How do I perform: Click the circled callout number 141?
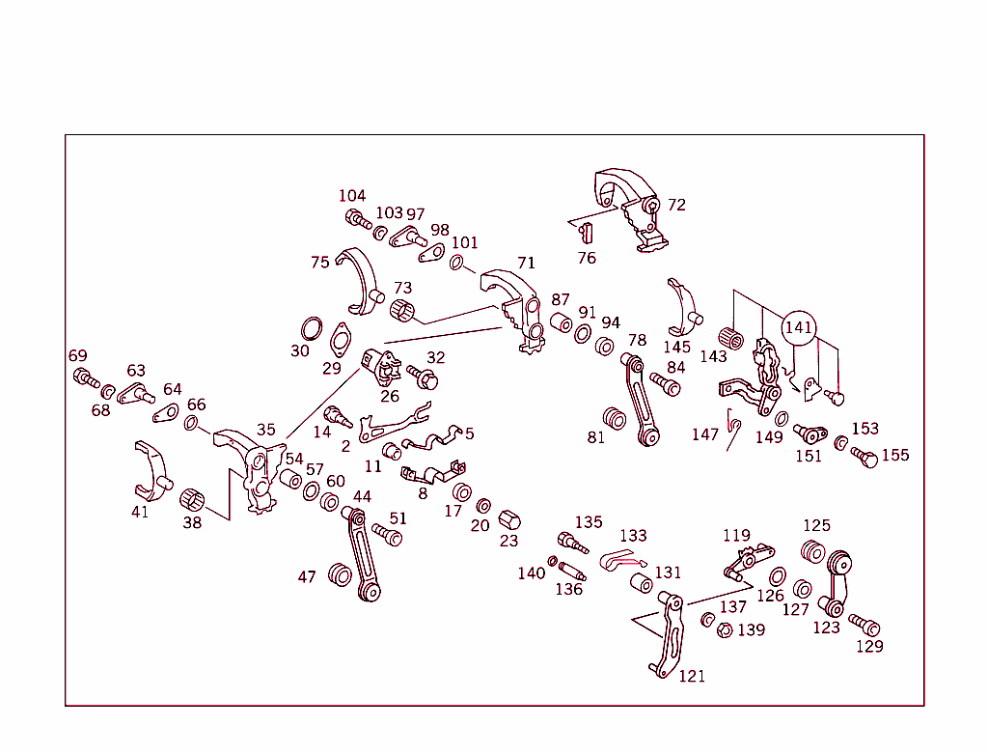(x=799, y=328)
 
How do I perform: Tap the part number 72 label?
(x=676, y=205)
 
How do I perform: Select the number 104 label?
(x=352, y=196)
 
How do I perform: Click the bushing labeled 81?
(x=614, y=421)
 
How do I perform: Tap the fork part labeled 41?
(x=151, y=472)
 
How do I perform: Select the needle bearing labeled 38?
(x=193, y=500)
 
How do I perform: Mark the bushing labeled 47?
(x=341, y=574)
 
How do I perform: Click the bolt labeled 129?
(x=864, y=625)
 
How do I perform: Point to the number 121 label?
(x=692, y=676)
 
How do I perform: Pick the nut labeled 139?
(x=724, y=631)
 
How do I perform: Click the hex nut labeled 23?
(x=509, y=520)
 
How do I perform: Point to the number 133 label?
(x=633, y=536)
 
